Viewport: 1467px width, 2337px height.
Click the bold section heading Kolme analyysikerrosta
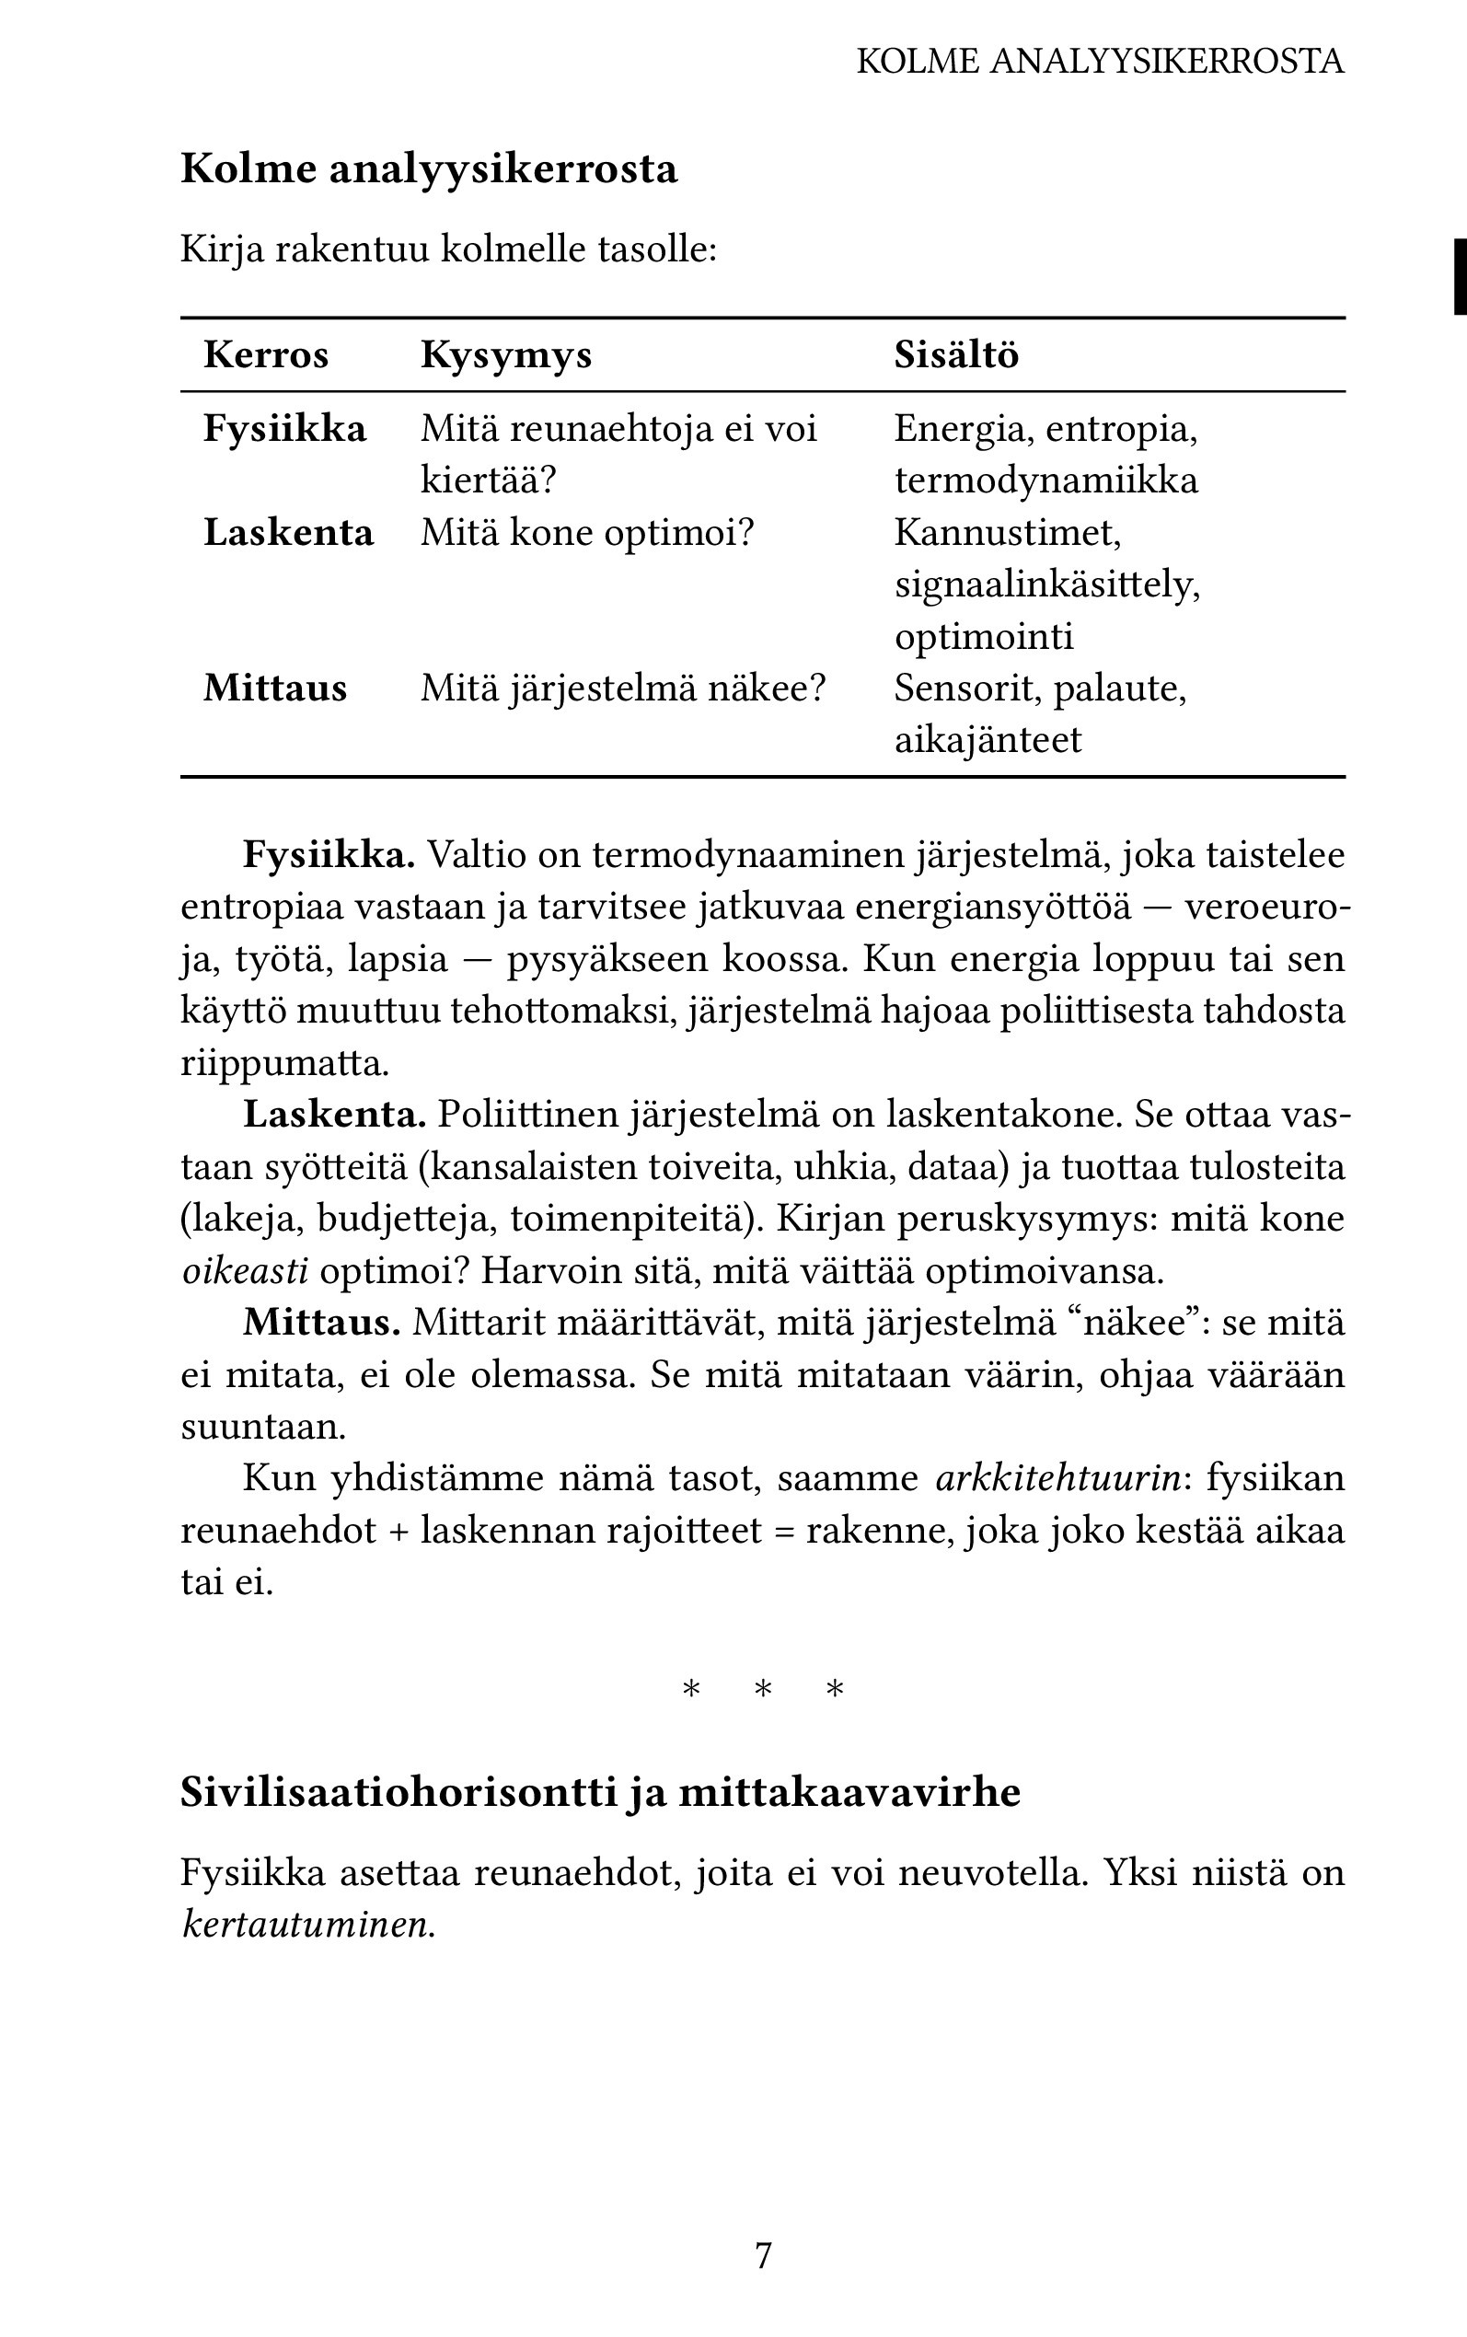[429, 168]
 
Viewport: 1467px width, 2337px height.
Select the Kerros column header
[266, 355]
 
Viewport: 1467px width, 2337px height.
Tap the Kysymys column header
[505, 355]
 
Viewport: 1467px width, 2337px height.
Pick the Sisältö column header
[955, 355]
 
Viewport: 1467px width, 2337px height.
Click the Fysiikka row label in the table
[284, 429]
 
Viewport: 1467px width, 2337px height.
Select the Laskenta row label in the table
[288, 533]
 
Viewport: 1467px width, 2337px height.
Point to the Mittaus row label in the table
[274, 688]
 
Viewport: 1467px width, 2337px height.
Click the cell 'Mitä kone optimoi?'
[586, 533]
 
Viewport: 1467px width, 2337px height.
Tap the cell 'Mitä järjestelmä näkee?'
[622, 688]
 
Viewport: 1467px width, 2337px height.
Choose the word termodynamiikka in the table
[1045, 480]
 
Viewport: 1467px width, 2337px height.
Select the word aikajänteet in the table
[987, 740]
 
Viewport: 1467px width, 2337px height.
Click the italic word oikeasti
[245, 1271]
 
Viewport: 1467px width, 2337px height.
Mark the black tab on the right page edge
[1459, 276]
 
